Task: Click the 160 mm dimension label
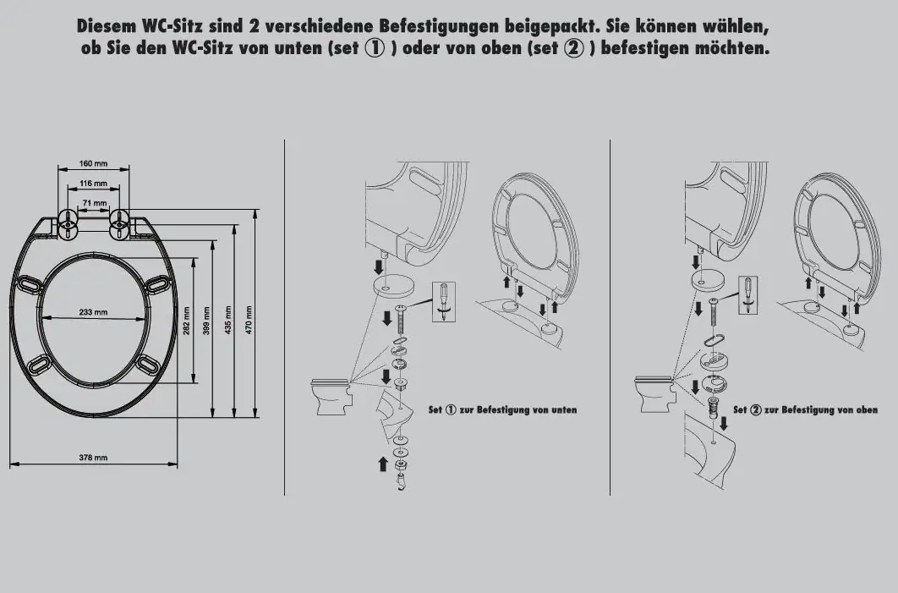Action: [93, 163]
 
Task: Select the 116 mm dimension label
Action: [93, 184]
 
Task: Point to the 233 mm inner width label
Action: [93, 313]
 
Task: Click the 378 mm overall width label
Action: [93, 458]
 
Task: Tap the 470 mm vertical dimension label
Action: [249, 319]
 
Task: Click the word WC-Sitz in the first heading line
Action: [169, 25]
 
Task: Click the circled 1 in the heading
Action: [375, 48]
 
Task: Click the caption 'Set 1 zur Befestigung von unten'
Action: [502, 410]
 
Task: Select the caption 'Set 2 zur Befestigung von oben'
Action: [805, 410]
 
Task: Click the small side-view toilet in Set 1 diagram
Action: [331, 397]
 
